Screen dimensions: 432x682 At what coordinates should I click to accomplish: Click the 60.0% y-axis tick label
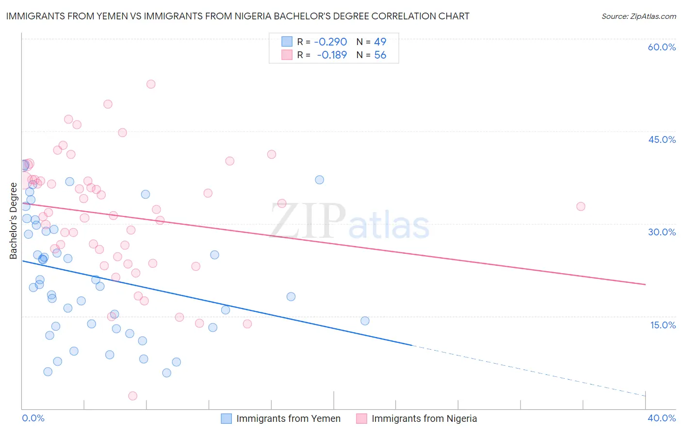click(x=662, y=47)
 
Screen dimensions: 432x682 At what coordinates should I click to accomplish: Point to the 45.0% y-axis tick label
click(x=662, y=139)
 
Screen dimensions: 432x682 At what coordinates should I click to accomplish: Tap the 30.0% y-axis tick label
click(x=662, y=232)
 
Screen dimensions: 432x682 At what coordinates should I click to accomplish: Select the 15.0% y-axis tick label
click(x=663, y=325)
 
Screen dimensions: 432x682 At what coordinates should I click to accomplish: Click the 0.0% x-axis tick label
click(x=33, y=418)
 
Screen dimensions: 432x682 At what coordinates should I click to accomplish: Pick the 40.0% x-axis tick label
click(x=662, y=418)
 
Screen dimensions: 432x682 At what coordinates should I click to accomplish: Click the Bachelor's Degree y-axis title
click(x=13, y=221)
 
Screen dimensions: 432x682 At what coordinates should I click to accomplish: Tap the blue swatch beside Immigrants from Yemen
click(x=227, y=418)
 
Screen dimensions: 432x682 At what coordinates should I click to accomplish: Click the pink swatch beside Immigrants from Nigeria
click(x=361, y=418)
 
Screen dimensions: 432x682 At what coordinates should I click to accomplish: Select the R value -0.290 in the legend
click(x=331, y=42)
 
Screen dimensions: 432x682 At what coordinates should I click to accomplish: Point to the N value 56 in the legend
click(x=380, y=55)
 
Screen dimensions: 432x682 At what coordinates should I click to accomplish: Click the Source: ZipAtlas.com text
click(x=638, y=16)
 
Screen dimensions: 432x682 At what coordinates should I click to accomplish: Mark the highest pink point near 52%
click(x=151, y=84)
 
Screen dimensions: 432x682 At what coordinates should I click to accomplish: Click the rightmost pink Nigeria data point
click(x=581, y=206)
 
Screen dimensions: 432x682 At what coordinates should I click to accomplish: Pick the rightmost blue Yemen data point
click(x=365, y=321)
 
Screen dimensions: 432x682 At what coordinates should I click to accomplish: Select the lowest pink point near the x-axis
click(x=132, y=396)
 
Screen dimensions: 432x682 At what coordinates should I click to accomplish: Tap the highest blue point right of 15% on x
click(x=319, y=180)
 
